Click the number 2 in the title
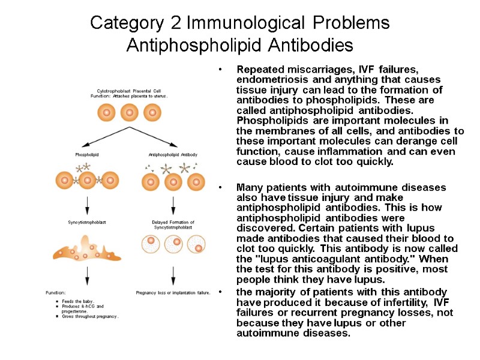point(175,23)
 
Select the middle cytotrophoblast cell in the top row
point(129,112)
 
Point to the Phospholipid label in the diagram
point(87,154)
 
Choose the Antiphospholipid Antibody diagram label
point(173,154)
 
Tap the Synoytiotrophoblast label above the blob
point(87,222)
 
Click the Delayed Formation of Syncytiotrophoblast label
point(173,224)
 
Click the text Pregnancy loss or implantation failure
point(173,293)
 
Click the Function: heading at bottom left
point(55,293)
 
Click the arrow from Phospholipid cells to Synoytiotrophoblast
point(88,204)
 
